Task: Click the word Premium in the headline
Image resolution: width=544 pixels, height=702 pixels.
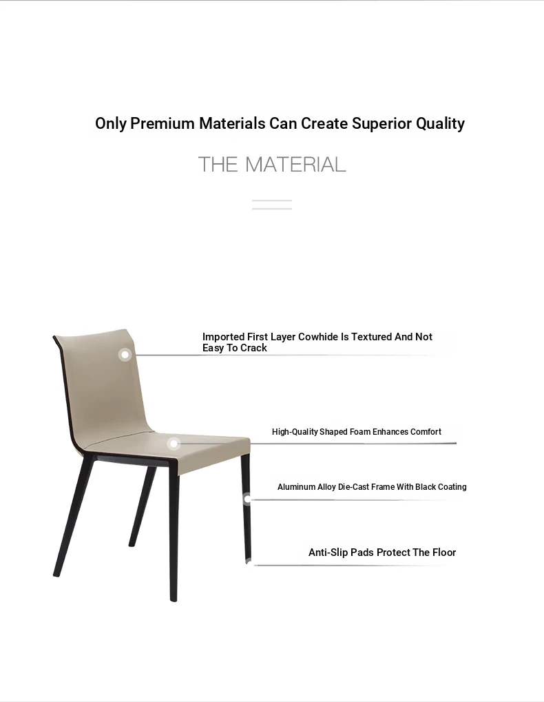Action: pos(163,123)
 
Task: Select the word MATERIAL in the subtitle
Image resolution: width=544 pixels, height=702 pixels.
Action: pos(295,165)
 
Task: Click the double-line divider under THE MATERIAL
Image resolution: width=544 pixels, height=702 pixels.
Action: pos(272,205)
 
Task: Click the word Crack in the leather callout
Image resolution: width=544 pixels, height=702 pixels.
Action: pos(253,348)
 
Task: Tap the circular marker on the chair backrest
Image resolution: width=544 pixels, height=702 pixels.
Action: pos(125,355)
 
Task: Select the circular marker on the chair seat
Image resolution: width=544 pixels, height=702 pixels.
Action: pos(174,444)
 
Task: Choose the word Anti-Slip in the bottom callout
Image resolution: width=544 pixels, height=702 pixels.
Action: pos(328,553)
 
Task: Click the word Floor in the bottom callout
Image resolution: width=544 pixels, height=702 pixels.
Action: pos(443,553)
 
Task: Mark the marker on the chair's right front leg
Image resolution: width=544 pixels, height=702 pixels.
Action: pos(247,499)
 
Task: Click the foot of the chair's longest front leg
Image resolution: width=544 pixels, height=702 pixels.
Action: pos(174,599)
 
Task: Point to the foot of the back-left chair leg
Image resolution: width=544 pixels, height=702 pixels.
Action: pos(56,574)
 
